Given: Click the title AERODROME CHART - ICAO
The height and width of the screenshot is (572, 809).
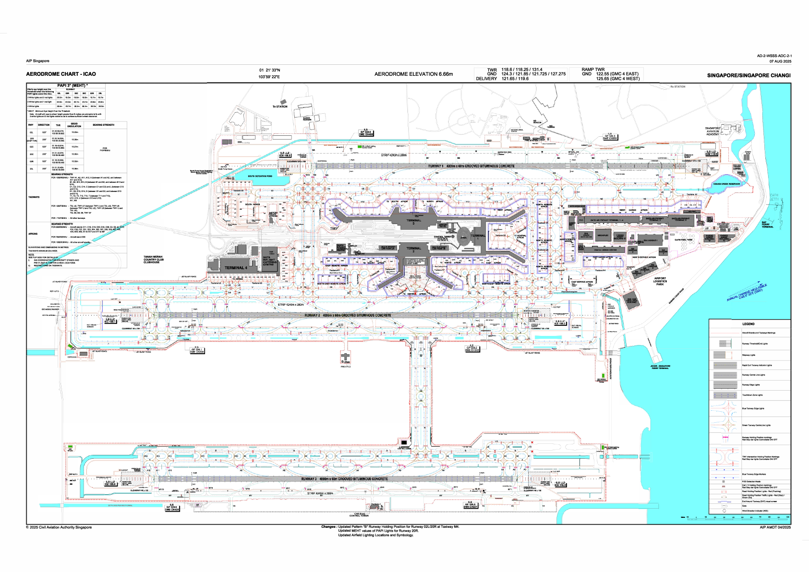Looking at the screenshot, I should click(61, 74).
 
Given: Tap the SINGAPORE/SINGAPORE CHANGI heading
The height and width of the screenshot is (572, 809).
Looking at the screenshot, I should click(749, 75).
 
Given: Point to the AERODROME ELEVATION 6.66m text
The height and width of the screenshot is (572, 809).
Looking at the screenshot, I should click(413, 74).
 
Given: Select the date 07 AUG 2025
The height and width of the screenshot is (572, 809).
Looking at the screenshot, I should click(780, 61).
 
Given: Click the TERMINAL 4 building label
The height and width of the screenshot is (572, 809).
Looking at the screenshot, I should click(236, 268).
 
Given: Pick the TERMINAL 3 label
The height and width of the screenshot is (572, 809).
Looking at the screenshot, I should click(413, 222).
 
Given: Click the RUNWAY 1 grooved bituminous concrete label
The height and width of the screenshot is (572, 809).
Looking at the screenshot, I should click(471, 166).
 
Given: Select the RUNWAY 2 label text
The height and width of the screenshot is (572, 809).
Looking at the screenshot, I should click(348, 315).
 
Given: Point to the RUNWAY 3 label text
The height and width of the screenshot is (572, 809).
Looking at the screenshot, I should click(344, 479).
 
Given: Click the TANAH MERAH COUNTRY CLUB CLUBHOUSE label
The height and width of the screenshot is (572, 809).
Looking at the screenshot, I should click(153, 260).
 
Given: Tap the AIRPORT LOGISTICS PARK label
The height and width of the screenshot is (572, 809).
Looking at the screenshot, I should click(660, 281).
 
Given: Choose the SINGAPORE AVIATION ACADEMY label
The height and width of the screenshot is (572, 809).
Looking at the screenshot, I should click(713, 131).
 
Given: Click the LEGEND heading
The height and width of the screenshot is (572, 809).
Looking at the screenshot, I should click(748, 324).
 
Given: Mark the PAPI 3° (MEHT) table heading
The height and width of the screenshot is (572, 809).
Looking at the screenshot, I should click(72, 85).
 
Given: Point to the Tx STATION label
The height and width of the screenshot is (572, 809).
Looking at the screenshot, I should click(280, 107).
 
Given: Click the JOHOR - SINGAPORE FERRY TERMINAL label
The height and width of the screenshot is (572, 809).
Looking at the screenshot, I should click(660, 367).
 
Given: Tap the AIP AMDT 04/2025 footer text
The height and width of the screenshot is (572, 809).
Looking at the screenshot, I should click(775, 527).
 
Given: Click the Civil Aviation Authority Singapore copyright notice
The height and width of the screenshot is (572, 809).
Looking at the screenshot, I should click(59, 527).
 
